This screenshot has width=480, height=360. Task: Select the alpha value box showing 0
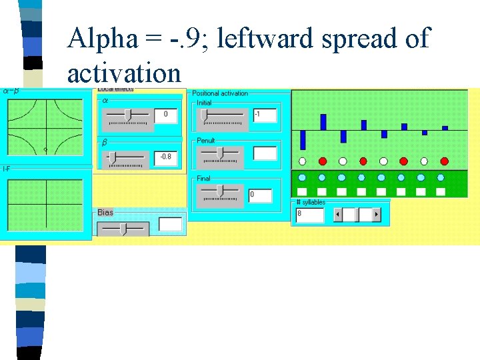[x=166, y=115]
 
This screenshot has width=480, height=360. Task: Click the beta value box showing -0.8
[x=166, y=157]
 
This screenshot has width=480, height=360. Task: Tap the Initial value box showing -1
[x=265, y=115]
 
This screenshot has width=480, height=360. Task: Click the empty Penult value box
[x=265, y=153]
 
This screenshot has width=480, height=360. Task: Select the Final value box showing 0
[x=261, y=195]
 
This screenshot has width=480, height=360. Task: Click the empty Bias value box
[x=171, y=224]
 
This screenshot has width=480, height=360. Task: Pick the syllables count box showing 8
[x=309, y=215]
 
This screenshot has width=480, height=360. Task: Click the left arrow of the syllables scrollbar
[x=338, y=215]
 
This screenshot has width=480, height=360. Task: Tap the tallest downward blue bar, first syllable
[x=303, y=139]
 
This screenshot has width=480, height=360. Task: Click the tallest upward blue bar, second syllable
[x=323, y=122]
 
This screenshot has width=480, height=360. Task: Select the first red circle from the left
[x=323, y=161]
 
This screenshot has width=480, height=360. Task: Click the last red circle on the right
[x=445, y=161]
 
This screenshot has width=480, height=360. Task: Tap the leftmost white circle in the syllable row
[x=303, y=161]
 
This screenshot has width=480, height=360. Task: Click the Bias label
[x=105, y=213]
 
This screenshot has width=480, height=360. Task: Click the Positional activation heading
[x=219, y=93]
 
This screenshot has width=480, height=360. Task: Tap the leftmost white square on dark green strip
[x=303, y=191]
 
